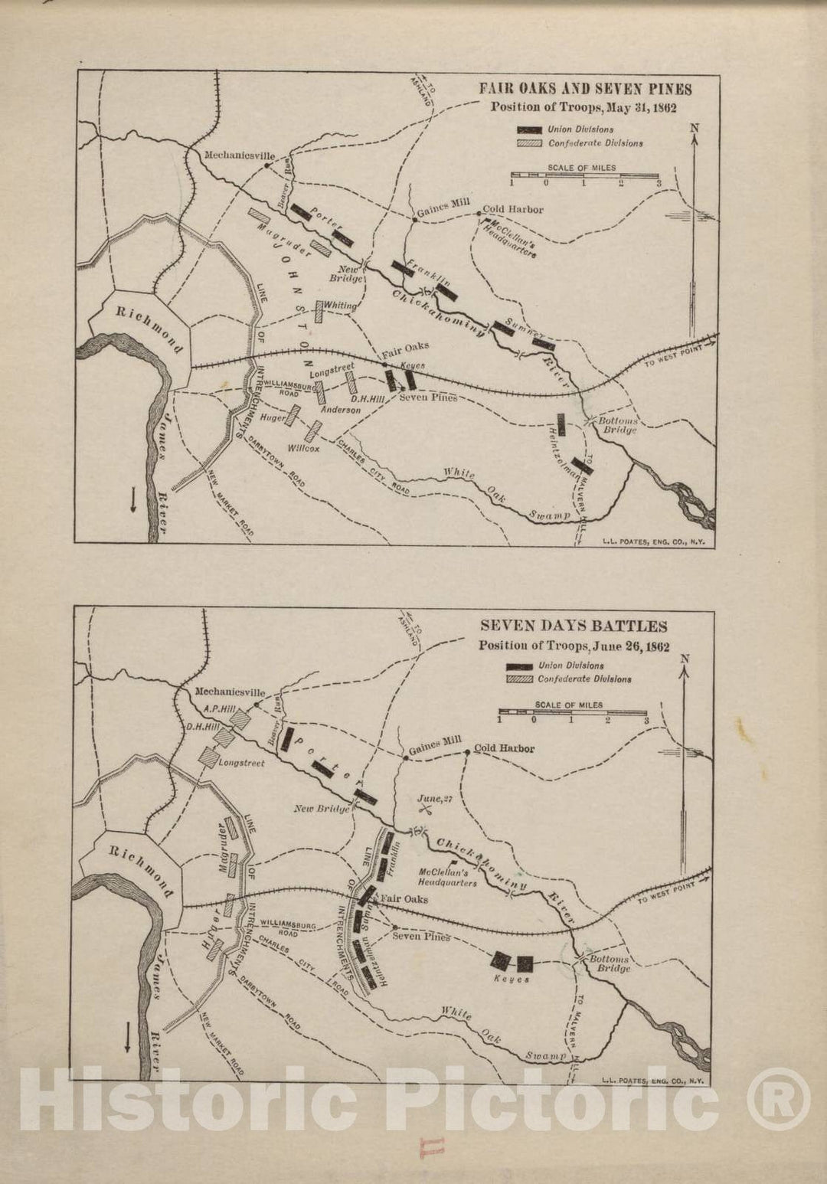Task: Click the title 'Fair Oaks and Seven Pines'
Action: [x=585, y=89]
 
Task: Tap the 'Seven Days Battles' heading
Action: [x=574, y=626]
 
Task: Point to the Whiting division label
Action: [x=340, y=306]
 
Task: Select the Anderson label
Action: [x=341, y=410]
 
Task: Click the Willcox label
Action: [x=303, y=448]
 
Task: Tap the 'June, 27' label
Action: [x=430, y=798]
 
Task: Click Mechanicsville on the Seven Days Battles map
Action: [x=230, y=691]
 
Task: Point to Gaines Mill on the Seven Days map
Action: [x=436, y=744]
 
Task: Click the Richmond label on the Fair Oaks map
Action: [x=149, y=330]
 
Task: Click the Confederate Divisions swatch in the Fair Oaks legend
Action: [x=529, y=143]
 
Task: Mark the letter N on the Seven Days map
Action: [x=685, y=659]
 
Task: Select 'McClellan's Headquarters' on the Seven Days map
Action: [x=448, y=876]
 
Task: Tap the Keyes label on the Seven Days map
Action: [x=512, y=980]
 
